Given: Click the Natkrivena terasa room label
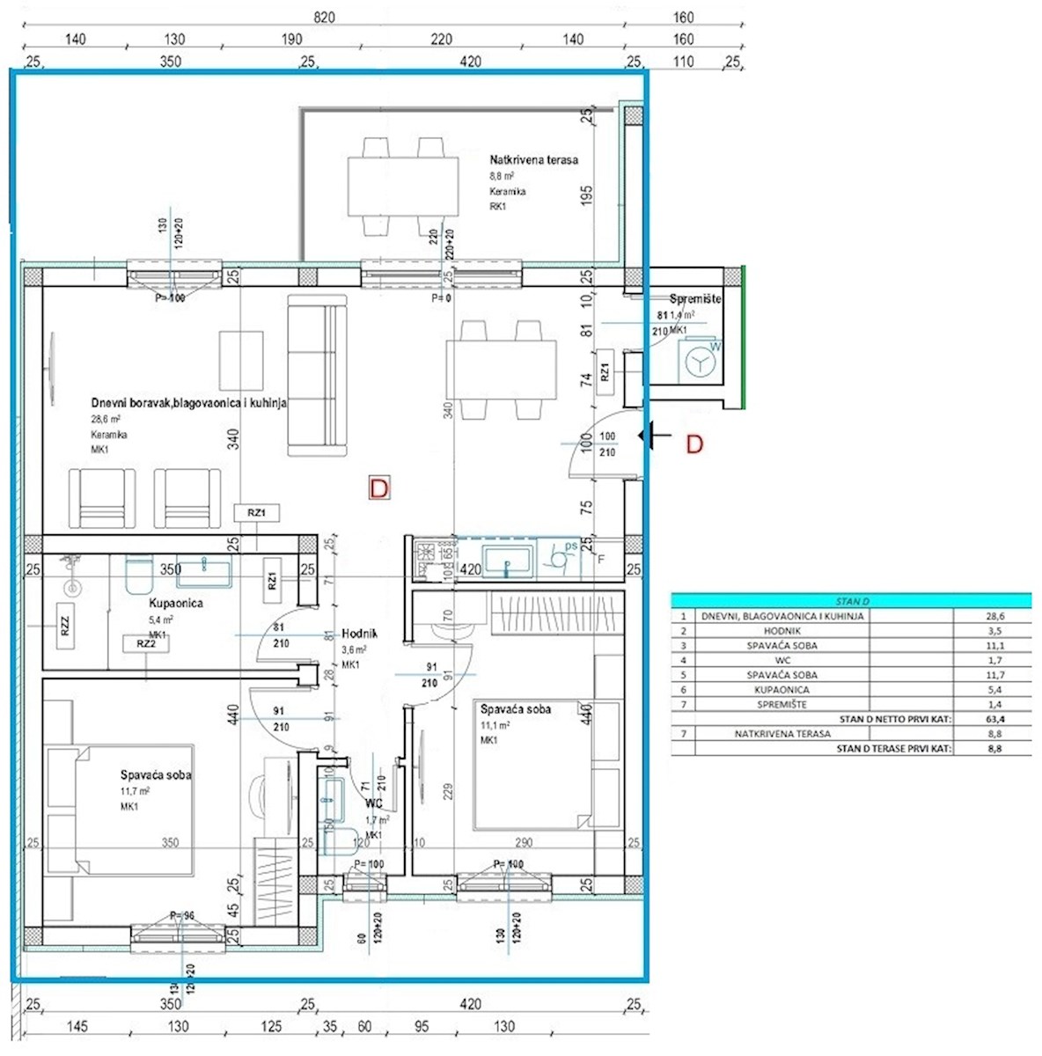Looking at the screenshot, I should coord(533,160).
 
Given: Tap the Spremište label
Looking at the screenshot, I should coord(695,299).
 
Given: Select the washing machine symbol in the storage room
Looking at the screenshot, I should coord(701,363).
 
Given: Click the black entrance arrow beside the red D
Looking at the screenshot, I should coord(657,435).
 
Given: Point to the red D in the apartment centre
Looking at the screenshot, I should coord(378,488).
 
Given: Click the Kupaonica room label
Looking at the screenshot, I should coord(176,604).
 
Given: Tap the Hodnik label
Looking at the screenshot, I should coord(359,634).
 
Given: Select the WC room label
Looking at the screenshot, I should coord(374,803).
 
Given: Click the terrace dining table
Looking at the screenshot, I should coord(403,186).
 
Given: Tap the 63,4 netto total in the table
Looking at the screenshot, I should coord(995,719).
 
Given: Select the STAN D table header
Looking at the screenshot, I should coord(851,601).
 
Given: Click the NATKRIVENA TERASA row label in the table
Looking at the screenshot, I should coord(782,734).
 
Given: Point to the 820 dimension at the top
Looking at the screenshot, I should coord(323,18).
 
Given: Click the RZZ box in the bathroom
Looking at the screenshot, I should coord(64,625).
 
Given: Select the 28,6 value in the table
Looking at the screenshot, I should coord(995,616).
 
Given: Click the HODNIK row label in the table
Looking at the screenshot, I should coord(781,631).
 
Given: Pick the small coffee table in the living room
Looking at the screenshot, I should coord(241,361).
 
